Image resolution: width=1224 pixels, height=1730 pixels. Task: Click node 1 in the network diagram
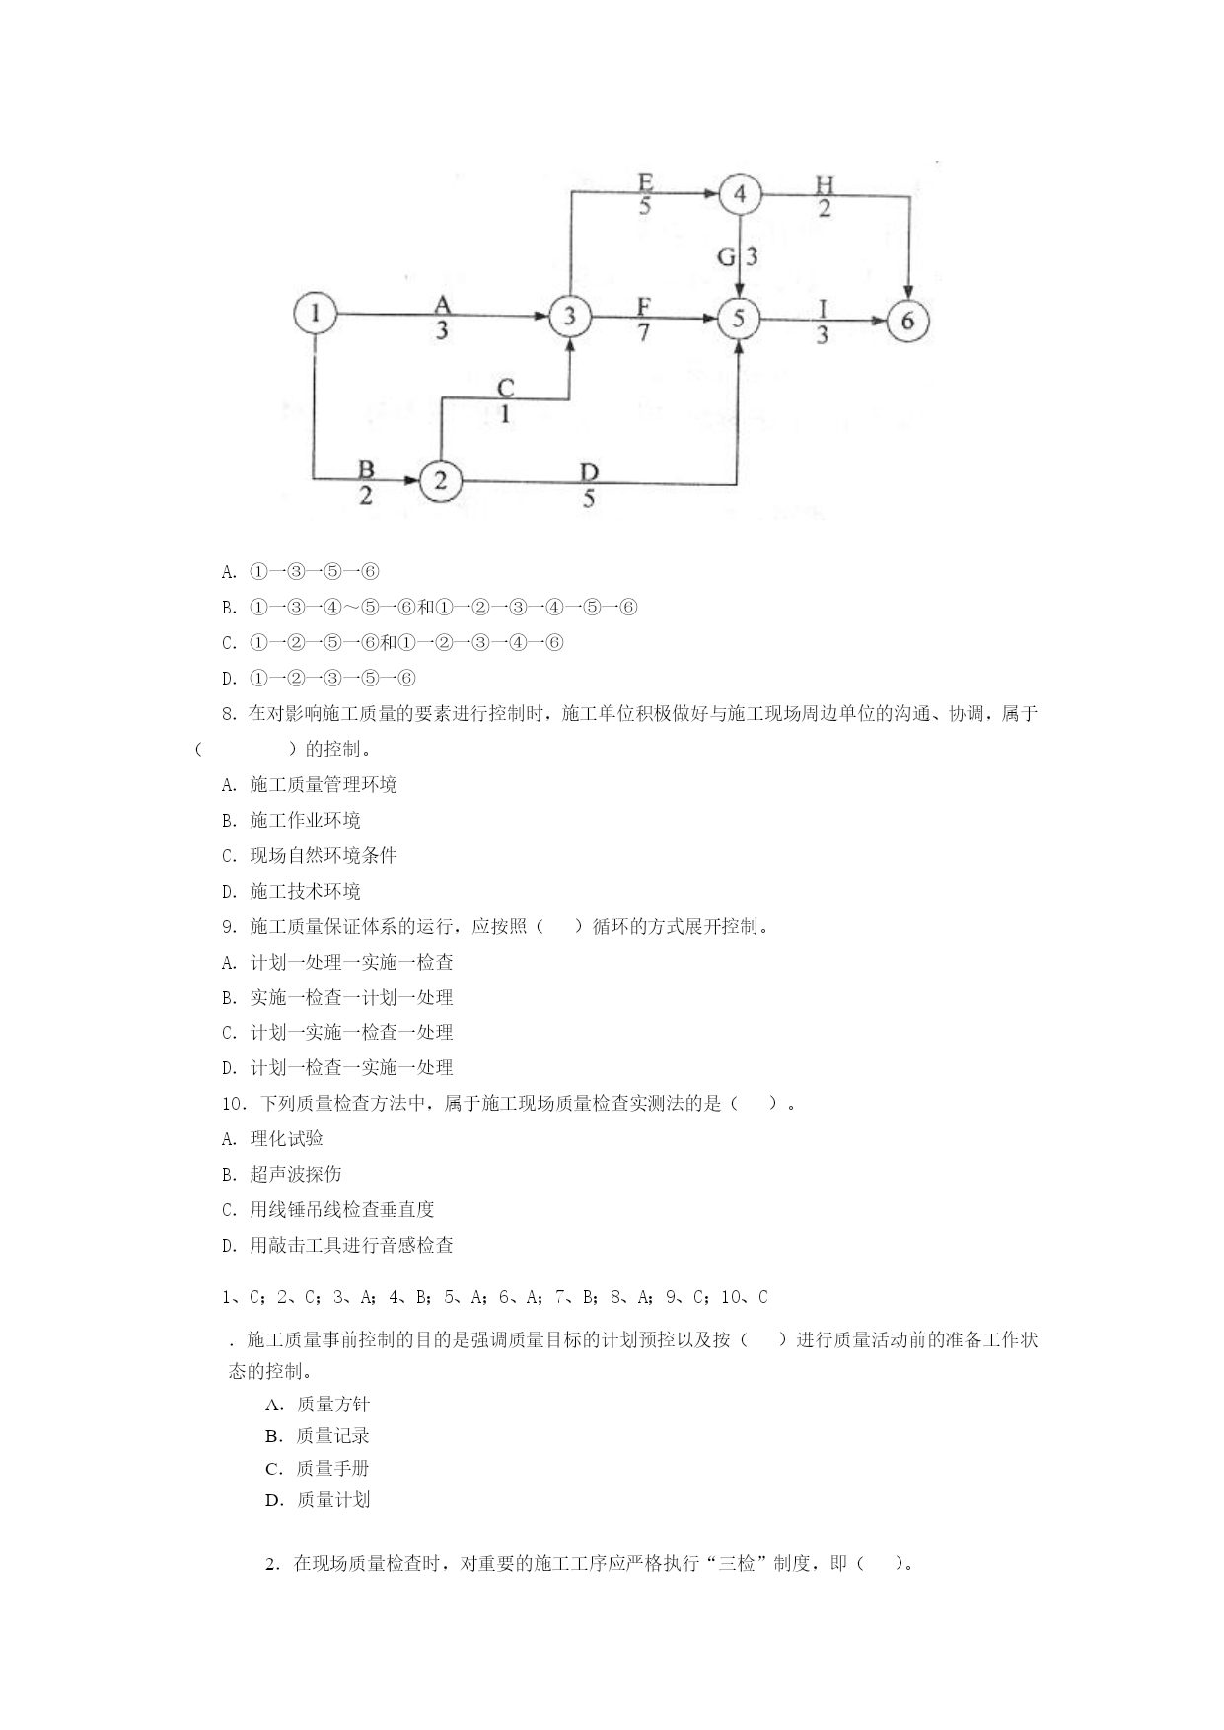315,315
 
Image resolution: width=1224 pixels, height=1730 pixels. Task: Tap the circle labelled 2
441,480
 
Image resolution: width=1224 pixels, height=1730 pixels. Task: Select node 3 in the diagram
569,317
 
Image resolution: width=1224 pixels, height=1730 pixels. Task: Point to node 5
739,319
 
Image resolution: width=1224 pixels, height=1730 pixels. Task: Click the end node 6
907,321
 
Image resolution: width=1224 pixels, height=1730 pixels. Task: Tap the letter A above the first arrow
442,305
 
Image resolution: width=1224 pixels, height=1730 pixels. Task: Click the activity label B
366,469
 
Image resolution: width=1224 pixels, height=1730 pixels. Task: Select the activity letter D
589,472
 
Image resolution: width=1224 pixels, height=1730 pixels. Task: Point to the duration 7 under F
644,332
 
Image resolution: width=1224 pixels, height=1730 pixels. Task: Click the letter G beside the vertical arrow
727,257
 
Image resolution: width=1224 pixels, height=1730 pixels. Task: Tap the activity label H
825,183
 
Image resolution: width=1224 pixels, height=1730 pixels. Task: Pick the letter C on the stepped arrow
505,388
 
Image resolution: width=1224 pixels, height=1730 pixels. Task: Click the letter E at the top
645,182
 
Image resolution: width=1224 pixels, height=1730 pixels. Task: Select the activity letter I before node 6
823,308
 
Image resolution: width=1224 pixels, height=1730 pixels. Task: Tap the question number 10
234,1104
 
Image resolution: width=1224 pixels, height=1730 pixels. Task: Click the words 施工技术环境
305,891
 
